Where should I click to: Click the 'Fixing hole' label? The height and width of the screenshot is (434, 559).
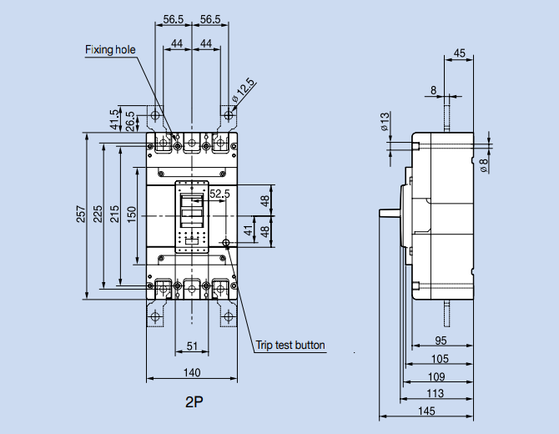[x=109, y=50]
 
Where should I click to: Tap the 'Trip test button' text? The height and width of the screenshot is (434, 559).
[x=290, y=345]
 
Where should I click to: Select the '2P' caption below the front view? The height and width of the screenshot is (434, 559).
[x=194, y=402]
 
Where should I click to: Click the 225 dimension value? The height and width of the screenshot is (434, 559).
[x=98, y=214]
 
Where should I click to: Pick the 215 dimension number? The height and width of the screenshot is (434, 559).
[x=114, y=214]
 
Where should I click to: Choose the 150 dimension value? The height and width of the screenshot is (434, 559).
[x=131, y=214]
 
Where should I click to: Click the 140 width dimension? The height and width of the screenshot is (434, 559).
[x=192, y=372]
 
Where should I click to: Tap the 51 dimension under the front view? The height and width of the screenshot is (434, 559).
[x=192, y=347]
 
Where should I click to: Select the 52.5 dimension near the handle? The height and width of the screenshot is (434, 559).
[x=220, y=194]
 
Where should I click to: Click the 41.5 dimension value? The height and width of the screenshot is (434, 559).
[x=114, y=121]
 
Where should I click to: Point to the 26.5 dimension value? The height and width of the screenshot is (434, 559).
[x=130, y=121]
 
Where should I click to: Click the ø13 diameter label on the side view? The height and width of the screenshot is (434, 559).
[x=385, y=122]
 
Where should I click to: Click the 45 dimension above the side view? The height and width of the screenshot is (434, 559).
[x=460, y=53]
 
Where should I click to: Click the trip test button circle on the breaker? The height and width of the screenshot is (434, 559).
[x=226, y=244]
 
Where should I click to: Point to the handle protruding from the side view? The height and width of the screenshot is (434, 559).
[x=389, y=210]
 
